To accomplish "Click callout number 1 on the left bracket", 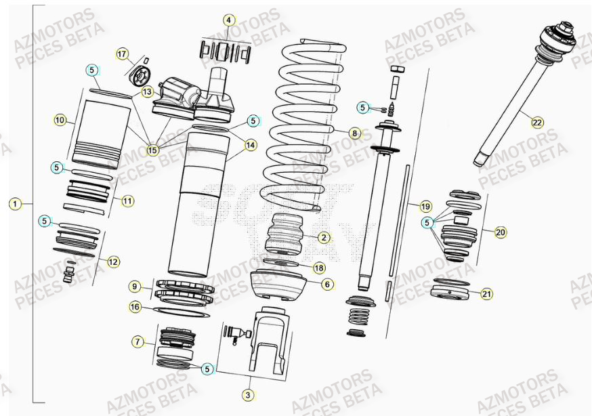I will (x=16, y=203).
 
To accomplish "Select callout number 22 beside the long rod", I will (x=537, y=123).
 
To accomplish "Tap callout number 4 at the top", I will (x=230, y=20).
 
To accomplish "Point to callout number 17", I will (x=122, y=54).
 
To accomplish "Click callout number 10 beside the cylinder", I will (x=60, y=121).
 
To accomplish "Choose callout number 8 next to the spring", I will (x=355, y=133).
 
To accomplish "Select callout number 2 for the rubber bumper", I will (x=324, y=237).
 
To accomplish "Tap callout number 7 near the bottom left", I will (x=138, y=341).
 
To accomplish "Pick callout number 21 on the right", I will (x=486, y=293).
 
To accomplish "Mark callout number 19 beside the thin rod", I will (x=425, y=206).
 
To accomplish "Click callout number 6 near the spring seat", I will (x=327, y=285).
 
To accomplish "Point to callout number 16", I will (x=135, y=307).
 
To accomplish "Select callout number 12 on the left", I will (x=113, y=260).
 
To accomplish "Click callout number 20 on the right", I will (x=501, y=232).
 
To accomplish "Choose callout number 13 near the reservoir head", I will (x=148, y=91).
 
